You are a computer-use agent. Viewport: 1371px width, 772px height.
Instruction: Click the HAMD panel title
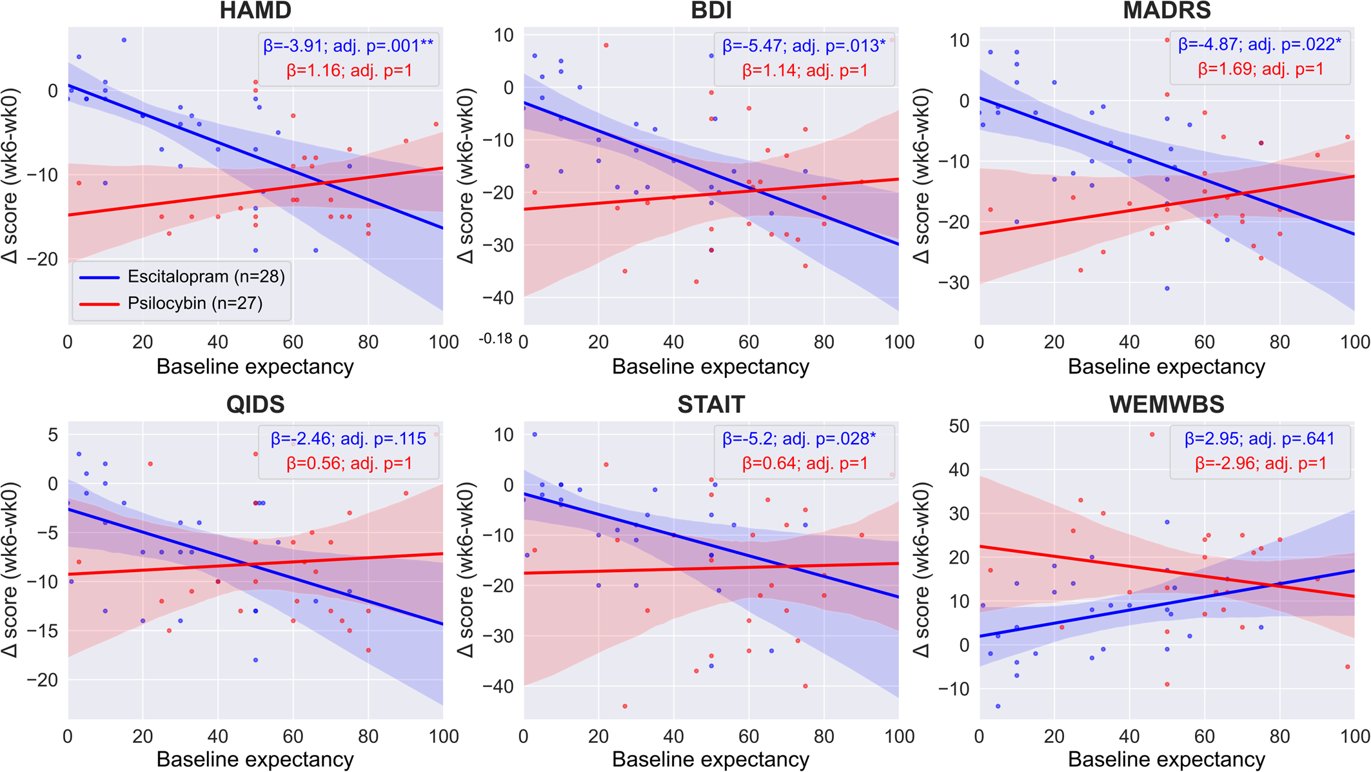[x=255, y=11]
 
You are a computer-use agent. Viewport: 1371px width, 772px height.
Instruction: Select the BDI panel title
[x=711, y=11]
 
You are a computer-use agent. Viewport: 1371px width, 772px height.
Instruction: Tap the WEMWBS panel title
[x=1167, y=404]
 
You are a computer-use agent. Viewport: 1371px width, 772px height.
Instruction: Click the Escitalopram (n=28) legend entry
[x=206, y=277]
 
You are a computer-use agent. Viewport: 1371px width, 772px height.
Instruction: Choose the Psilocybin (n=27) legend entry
[x=195, y=303]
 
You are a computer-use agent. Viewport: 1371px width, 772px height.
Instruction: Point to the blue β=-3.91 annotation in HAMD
[x=348, y=46]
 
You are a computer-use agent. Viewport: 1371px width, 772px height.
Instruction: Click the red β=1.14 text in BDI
[x=805, y=70]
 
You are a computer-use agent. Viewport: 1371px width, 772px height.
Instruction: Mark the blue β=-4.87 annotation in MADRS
[x=1259, y=45]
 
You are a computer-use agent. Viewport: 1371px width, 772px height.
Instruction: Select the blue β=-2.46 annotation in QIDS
[x=348, y=439]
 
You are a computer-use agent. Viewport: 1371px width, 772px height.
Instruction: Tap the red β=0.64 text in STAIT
[x=805, y=463]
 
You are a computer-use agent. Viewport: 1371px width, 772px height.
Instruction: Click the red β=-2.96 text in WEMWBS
[x=1261, y=463]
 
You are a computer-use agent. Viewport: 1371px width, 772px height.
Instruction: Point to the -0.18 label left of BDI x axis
[x=495, y=339]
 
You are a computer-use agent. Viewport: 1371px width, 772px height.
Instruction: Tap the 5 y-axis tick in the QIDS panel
[x=53, y=435]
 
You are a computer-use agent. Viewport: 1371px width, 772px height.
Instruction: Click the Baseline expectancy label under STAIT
[x=711, y=760]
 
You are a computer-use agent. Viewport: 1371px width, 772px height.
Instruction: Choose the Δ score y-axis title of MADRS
[x=922, y=176]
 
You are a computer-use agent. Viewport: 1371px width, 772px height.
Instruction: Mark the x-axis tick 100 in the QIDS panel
[x=444, y=736]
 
